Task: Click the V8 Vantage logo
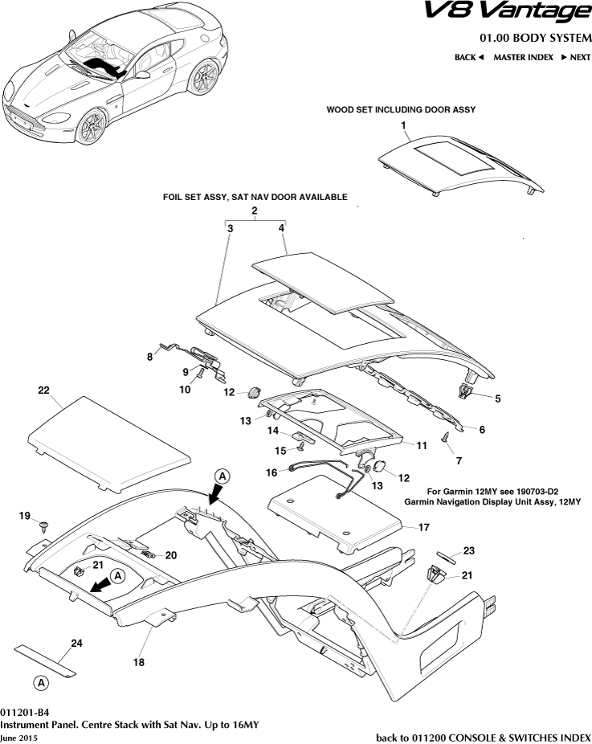point(518,12)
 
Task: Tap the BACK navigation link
point(469,57)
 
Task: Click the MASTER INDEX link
point(523,57)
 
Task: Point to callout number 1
point(404,126)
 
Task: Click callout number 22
point(44,390)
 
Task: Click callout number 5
point(497,398)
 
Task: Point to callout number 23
point(468,550)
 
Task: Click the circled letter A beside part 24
point(39,683)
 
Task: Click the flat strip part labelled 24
point(46,658)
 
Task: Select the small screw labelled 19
point(43,527)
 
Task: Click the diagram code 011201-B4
point(25,713)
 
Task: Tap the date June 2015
point(18,737)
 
